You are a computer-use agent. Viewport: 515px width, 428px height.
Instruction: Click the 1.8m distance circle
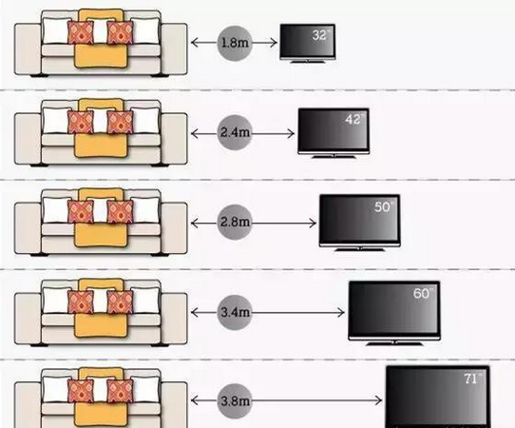click(235, 43)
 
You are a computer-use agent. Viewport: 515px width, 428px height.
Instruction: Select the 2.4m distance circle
click(235, 133)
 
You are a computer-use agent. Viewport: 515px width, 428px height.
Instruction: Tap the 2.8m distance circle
click(235, 223)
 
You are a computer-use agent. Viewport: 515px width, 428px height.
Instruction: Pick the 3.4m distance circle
click(235, 312)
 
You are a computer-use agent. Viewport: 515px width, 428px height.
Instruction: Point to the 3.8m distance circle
click(235, 400)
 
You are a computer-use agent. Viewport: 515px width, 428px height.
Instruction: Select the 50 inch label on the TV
click(384, 206)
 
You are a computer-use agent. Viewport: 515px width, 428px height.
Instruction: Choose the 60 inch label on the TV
click(423, 293)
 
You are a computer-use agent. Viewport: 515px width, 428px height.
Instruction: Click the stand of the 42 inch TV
click(334, 156)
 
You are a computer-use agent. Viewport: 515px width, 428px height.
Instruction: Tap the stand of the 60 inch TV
click(394, 343)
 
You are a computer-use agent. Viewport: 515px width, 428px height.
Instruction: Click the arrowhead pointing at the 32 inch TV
click(274, 43)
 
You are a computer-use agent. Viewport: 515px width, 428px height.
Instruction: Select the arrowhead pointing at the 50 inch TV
click(313, 224)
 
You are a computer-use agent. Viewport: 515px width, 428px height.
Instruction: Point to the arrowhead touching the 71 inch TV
click(378, 400)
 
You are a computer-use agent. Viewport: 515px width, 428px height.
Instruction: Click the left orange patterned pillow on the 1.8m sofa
click(81, 32)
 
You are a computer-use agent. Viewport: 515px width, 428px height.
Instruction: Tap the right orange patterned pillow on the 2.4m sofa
click(121, 122)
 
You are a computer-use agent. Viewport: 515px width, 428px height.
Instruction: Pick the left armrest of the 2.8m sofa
click(28, 228)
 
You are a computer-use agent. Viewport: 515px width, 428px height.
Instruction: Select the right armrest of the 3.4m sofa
click(174, 319)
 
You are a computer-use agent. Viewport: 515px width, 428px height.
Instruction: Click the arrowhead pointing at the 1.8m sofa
click(195, 43)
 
